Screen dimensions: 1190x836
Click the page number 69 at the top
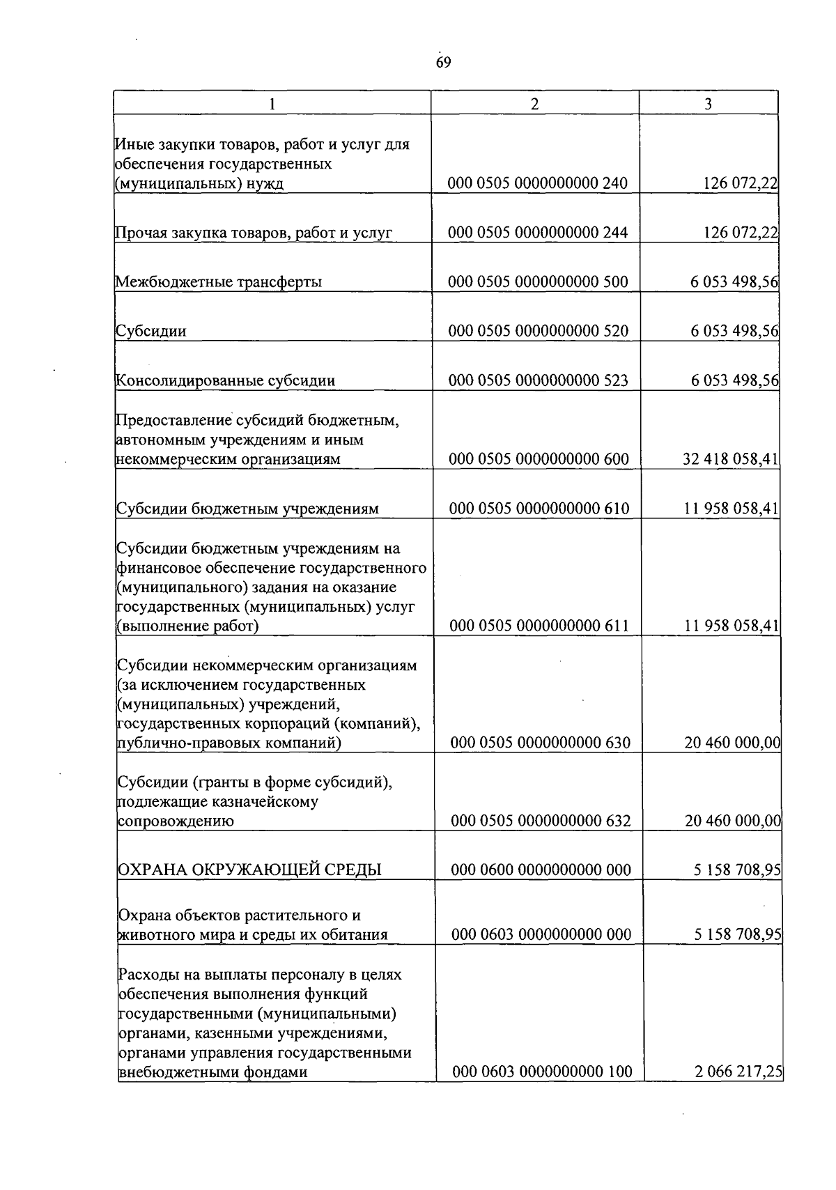tap(443, 63)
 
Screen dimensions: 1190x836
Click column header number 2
tap(534, 104)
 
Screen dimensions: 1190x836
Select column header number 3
tap(708, 104)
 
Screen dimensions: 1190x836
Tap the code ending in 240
tap(538, 183)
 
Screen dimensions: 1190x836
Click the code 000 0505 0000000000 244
tap(538, 233)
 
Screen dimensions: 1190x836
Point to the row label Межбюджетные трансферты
tap(219, 282)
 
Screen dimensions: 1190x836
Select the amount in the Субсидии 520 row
tap(734, 331)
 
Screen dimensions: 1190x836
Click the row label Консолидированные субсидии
tap(225, 380)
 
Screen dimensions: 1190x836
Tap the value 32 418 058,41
tap(731, 459)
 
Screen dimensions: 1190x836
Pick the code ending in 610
tap(539, 509)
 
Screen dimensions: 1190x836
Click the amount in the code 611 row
tap(731, 626)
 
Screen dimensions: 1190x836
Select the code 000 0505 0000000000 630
tap(540, 743)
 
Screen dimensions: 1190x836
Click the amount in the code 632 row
tap(732, 821)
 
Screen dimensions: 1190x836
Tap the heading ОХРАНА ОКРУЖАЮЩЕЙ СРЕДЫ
tap(250, 870)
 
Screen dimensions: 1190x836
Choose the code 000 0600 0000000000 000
tap(541, 870)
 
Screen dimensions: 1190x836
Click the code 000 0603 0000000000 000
tap(541, 934)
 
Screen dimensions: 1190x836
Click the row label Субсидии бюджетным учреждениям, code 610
tap(247, 509)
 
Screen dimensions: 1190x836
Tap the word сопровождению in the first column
tap(176, 821)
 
